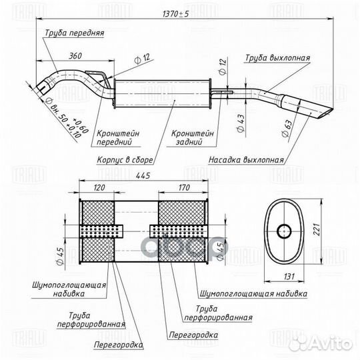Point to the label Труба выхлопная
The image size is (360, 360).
tap(277, 58)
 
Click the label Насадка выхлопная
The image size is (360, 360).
tap(246, 160)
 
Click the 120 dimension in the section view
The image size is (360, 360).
tap(101, 189)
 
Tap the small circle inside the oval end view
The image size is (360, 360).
tap(283, 231)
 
